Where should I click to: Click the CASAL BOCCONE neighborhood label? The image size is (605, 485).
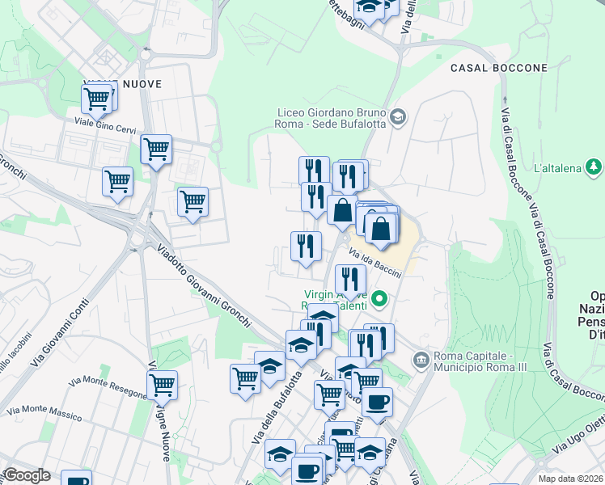[499, 68]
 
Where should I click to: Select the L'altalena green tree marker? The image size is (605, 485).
[594, 167]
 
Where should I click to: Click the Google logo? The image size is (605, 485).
[27, 475]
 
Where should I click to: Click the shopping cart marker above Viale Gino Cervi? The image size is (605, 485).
[97, 99]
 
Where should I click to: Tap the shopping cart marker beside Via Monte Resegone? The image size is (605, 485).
[163, 385]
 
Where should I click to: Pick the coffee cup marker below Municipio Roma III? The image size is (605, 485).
[377, 402]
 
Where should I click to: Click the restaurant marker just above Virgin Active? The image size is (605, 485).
[350, 279]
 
